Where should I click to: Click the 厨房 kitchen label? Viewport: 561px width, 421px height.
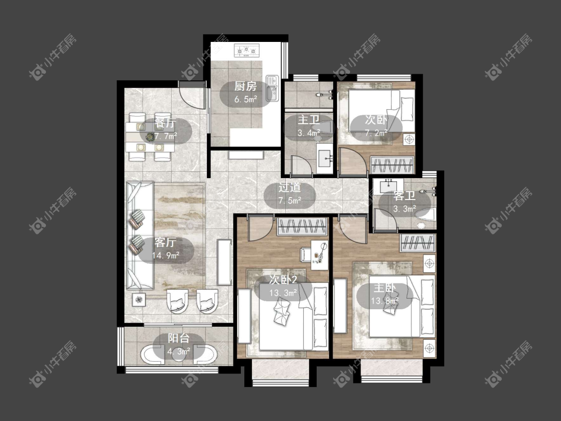coord(245,86)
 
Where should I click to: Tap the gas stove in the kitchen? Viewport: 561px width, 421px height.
coord(246,50)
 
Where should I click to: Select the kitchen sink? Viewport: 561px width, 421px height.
coord(272,88)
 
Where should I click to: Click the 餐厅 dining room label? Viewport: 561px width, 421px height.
coord(165,123)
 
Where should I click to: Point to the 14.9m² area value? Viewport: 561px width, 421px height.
coord(166,255)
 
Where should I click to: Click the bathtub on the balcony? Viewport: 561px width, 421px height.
coord(179,355)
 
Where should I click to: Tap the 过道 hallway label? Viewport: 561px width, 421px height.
coord(289,187)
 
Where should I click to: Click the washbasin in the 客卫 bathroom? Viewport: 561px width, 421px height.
coord(388,186)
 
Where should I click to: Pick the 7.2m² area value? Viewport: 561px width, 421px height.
coord(376,133)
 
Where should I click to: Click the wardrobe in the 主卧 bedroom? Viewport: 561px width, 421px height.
coord(418,243)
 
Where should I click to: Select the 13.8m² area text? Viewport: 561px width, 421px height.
coord(384,301)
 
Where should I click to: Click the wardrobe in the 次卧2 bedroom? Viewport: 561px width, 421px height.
coord(302,226)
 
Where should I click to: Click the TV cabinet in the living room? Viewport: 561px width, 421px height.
coord(225,262)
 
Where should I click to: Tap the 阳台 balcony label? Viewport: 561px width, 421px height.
coord(179,338)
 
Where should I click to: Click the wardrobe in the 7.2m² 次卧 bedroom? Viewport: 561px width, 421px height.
coord(392,165)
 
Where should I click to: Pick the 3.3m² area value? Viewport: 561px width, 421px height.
coord(404,209)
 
